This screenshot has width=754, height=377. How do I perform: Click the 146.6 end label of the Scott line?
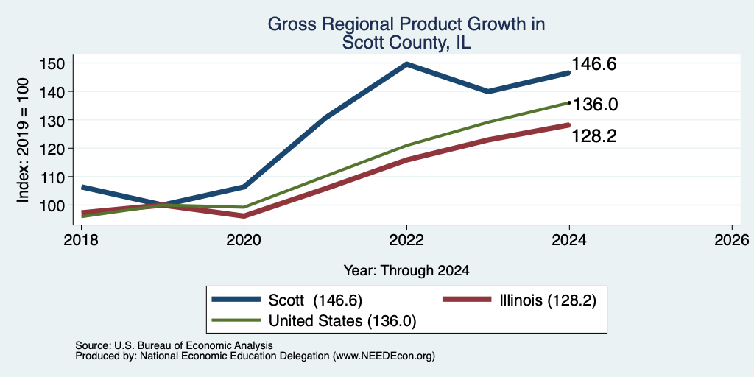[594, 64]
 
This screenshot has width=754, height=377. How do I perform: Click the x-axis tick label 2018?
[81, 239]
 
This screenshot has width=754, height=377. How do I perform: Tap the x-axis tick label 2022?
[406, 239]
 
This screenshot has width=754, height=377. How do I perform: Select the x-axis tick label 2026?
[732, 239]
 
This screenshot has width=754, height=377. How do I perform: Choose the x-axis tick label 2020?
[244, 239]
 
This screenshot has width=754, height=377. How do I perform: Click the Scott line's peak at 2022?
[406, 63]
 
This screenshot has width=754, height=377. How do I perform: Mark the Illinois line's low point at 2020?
[244, 216]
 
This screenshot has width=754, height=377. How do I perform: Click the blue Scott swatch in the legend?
[236, 300]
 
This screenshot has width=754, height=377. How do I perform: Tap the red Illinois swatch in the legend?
[466, 300]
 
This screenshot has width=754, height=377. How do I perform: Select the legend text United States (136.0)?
[342, 321]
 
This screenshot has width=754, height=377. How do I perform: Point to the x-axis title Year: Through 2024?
[406, 271]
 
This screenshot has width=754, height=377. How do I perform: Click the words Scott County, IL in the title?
[406, 43]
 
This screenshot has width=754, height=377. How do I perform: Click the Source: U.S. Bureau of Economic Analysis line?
[174, 345]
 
